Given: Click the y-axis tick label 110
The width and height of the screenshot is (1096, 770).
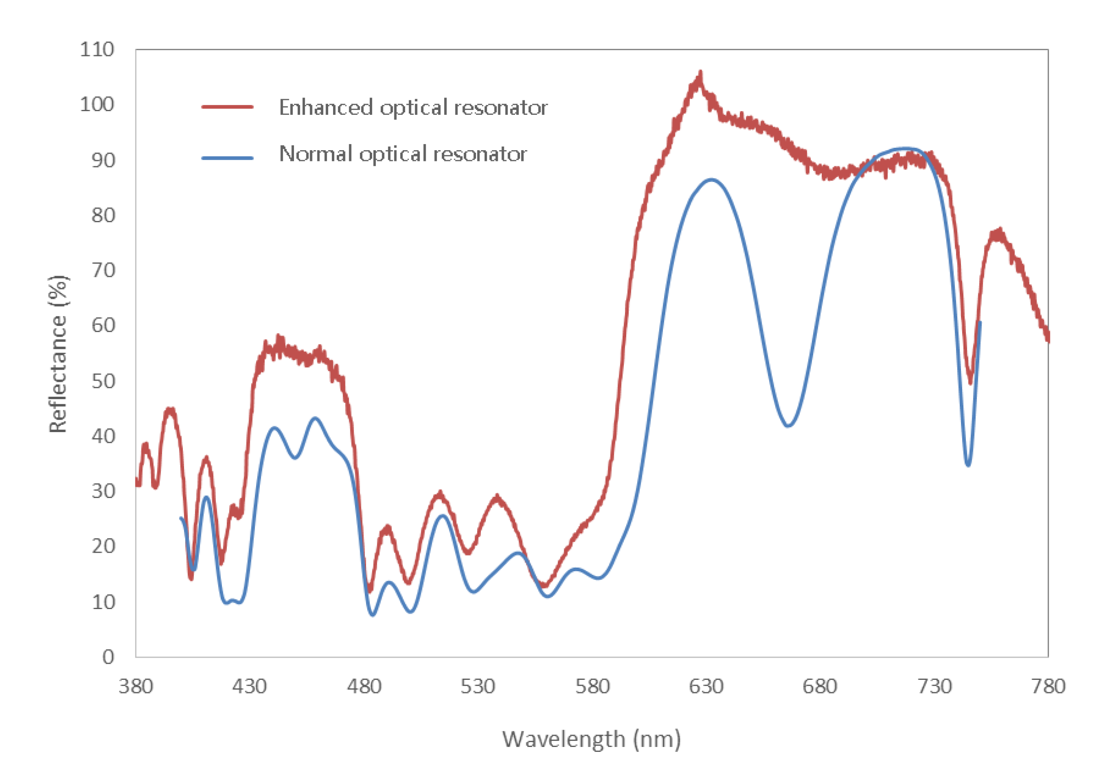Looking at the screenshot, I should click(97, 50).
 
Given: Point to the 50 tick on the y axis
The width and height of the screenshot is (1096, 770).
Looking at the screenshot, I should click(103, 381).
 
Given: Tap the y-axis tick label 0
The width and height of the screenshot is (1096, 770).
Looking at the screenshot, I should click(108, 657).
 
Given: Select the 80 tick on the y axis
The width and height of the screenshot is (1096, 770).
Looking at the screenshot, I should click(103, 216).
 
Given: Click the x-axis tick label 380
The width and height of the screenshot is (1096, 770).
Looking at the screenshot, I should click(135, 686).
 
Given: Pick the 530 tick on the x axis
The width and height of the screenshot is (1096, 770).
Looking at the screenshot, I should click(478, 686).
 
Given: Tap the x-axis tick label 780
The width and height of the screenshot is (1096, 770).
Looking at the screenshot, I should click(1048, 686).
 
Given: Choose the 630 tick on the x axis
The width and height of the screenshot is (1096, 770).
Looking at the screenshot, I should click(706, 686).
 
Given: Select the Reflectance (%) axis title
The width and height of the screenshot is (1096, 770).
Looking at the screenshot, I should click(58, 354).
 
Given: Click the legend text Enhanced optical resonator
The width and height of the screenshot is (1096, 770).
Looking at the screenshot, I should click(413, 107).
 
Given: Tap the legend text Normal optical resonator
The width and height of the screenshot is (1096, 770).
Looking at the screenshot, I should click(403, 154).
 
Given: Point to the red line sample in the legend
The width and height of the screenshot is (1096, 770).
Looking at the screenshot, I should click(227, 107).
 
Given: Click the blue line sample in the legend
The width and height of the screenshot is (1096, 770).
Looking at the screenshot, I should click(227, 158).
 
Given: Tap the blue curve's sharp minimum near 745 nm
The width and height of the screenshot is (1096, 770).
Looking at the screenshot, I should click(968, 465).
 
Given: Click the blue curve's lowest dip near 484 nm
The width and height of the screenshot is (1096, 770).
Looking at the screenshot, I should click(373, 615).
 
